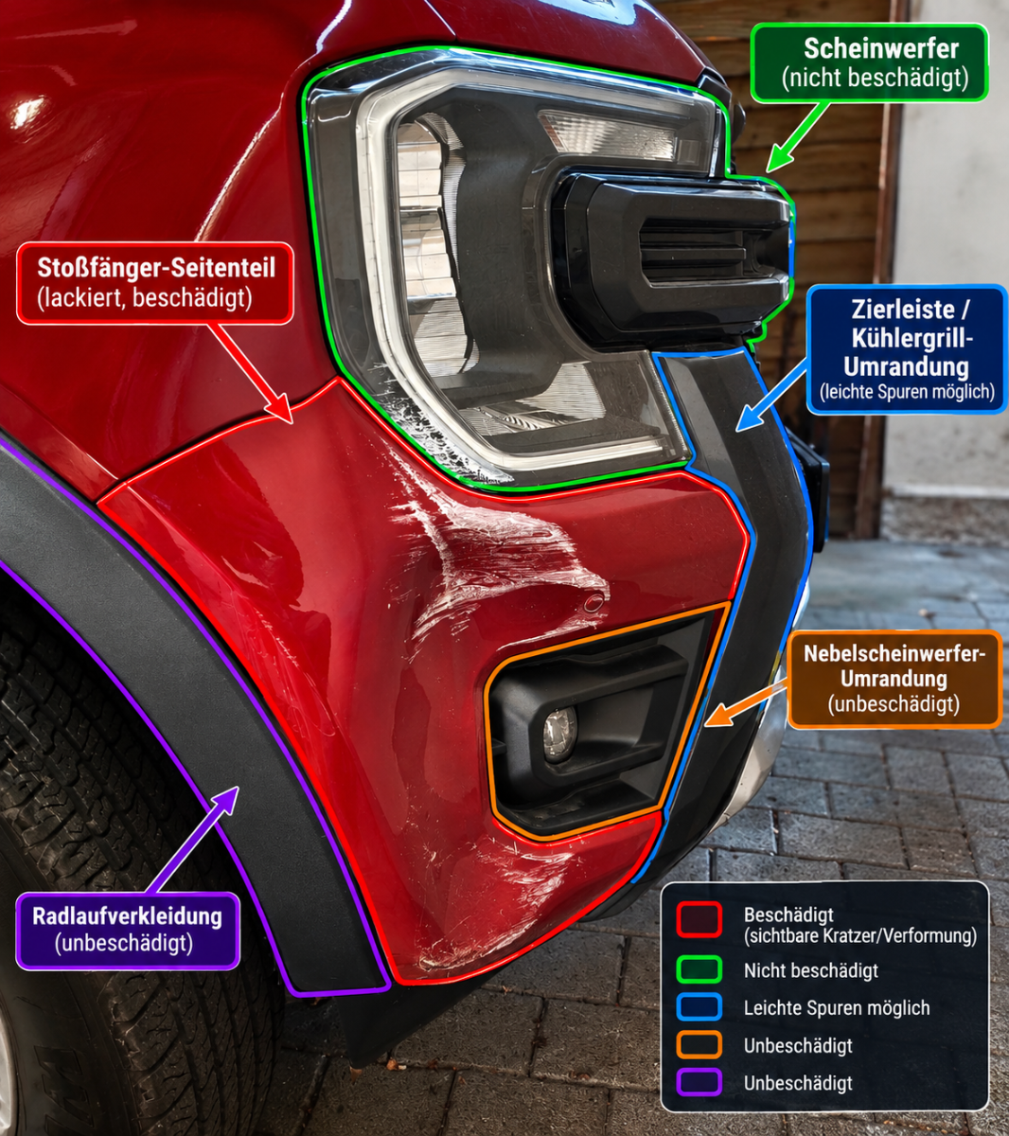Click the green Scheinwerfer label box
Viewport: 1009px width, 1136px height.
point(870,62)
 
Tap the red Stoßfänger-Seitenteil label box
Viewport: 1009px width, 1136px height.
point(155,283)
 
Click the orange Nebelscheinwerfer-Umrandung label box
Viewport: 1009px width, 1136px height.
point(894,679)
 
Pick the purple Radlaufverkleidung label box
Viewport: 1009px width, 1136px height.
point(128,932)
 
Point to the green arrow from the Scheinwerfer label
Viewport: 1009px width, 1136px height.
point(797,137)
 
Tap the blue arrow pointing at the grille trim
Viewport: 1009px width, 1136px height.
point(771,396)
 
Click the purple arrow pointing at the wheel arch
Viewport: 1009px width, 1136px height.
point(195,840)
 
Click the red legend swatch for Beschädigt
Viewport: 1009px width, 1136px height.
point(699,920)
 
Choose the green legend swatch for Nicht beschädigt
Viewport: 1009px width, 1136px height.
point(699,970)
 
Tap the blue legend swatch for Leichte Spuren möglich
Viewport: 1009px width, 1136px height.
point(699,1008)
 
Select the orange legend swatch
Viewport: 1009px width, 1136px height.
point(699,1045)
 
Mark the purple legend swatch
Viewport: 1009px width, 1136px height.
point(699,1083)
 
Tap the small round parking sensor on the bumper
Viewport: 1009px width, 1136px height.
point(593,603)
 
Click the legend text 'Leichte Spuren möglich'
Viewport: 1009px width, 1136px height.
point(837,1008)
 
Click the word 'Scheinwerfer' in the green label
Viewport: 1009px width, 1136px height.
point(881,49)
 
